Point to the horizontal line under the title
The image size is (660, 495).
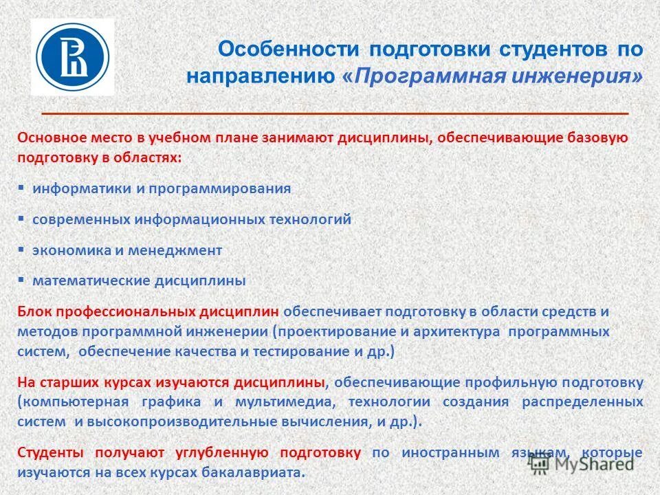[335, 112]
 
